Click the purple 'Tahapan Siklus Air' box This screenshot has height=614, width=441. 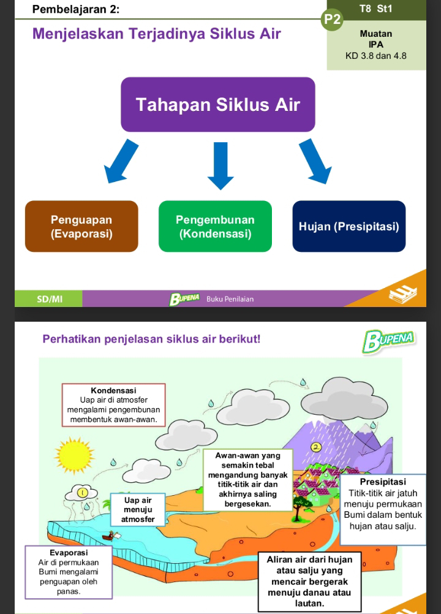click(x=217, y=104)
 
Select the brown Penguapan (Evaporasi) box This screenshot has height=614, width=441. click(x=81, y=226)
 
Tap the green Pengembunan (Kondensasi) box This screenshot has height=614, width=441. click(x=215, y=226)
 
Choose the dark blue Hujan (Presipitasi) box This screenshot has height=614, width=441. click(x=349, y=226)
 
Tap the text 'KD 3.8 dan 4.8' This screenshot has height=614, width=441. click(x=376, y=56)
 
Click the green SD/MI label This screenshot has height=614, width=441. click(x=50, y=299)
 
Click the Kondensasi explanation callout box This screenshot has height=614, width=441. click(x=113, y=405)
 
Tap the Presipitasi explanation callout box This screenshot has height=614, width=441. click(x=382, y=509)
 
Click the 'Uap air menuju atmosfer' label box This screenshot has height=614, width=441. click(x=138, y=509)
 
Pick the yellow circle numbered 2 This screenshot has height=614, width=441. click(x=316, y=447)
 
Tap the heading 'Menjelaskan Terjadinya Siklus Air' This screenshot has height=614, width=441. click(x=156, y=33)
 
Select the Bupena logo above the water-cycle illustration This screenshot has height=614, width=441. click(x=388, y=340)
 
